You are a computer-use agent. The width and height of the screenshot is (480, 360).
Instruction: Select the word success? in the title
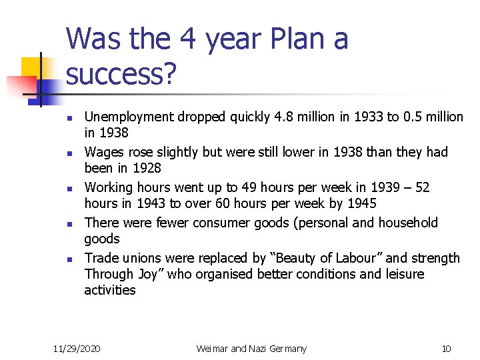121,75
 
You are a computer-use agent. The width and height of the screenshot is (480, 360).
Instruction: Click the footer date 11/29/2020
77,348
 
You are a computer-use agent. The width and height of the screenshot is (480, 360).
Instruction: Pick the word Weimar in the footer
213,348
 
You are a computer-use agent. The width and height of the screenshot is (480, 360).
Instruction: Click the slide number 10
447,348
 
